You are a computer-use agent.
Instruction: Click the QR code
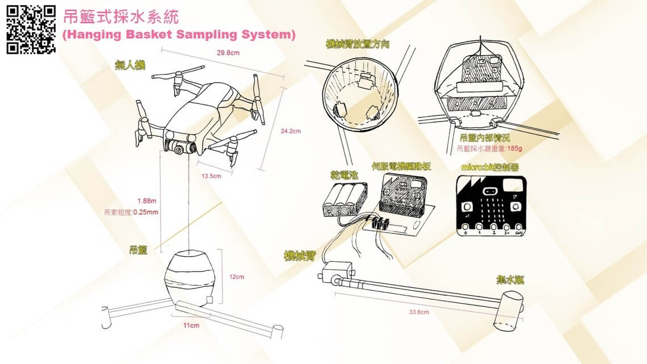tap(31, 30)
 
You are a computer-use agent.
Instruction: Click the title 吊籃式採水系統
tap(121, 16)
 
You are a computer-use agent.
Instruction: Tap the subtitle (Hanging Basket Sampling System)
tap(179, 35)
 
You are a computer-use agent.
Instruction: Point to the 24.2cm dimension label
tap(291, 131)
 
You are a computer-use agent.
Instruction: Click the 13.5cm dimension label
tap(211, 176)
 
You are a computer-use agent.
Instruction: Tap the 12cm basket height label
tap(237, 277)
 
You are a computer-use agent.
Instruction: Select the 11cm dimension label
tap(191, 325)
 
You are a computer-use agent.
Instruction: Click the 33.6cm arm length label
tap(419, 312)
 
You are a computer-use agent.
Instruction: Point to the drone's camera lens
tap(179, 149)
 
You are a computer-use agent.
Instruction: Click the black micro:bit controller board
tap(491, 204)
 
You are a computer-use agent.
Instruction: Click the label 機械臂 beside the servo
tap(299, 256)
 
